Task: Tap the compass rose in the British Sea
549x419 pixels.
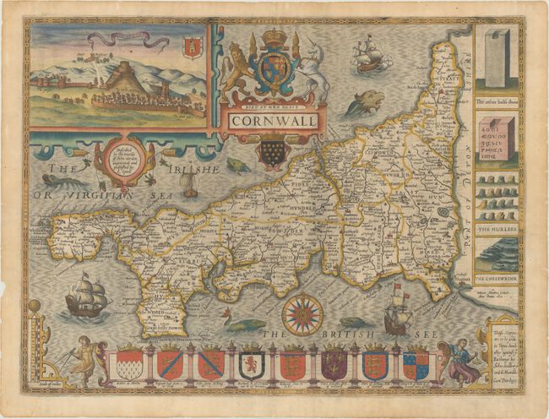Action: pos(302,313)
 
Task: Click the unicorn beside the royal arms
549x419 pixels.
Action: pos(314,74)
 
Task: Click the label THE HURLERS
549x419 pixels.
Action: pos(497,229)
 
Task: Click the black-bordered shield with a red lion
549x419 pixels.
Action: pos(251,364)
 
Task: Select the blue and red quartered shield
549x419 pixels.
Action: pos(415,364)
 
